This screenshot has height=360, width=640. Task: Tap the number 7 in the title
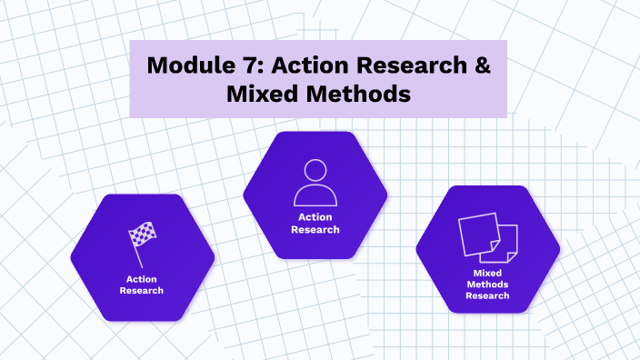245,65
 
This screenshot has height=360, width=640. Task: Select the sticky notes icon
487,235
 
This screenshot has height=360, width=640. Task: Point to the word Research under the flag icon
142,291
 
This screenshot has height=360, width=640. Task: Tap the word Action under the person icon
315,218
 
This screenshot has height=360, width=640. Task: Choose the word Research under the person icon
315,230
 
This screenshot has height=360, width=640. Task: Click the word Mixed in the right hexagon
487,273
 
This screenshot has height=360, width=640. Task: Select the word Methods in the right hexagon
487,284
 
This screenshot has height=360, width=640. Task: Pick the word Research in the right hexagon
487,295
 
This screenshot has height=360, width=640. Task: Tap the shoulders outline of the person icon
315,196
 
